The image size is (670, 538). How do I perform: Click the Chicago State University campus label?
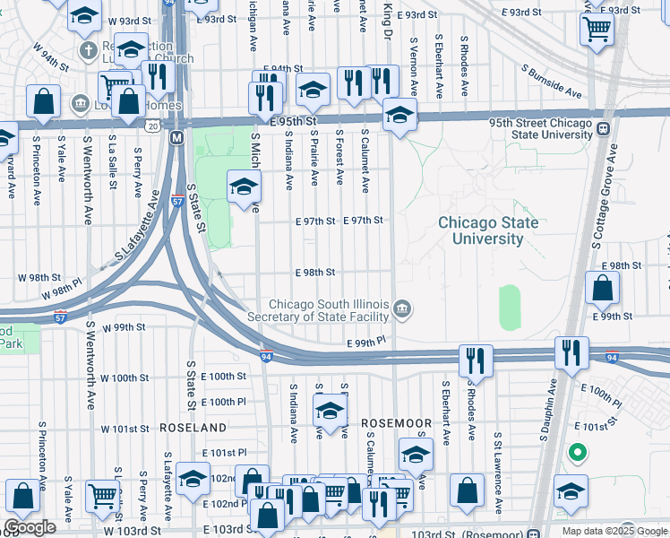[488, 230]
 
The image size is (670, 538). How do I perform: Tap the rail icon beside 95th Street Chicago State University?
[604, 128]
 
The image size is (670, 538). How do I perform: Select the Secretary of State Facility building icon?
[403, 309]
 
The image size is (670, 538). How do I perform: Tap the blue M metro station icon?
[177, 137]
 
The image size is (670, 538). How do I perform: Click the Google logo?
[30, 527]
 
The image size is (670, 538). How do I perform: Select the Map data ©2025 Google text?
[614, 531]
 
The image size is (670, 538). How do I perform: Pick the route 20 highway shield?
[154, 126]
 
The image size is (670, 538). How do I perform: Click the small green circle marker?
[578, 453]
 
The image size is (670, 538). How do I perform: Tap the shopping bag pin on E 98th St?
[602, 287]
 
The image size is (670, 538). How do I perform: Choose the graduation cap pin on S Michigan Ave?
[243, 187]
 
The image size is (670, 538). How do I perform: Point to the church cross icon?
[88, 49]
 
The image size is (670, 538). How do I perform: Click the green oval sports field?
[509, 308]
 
